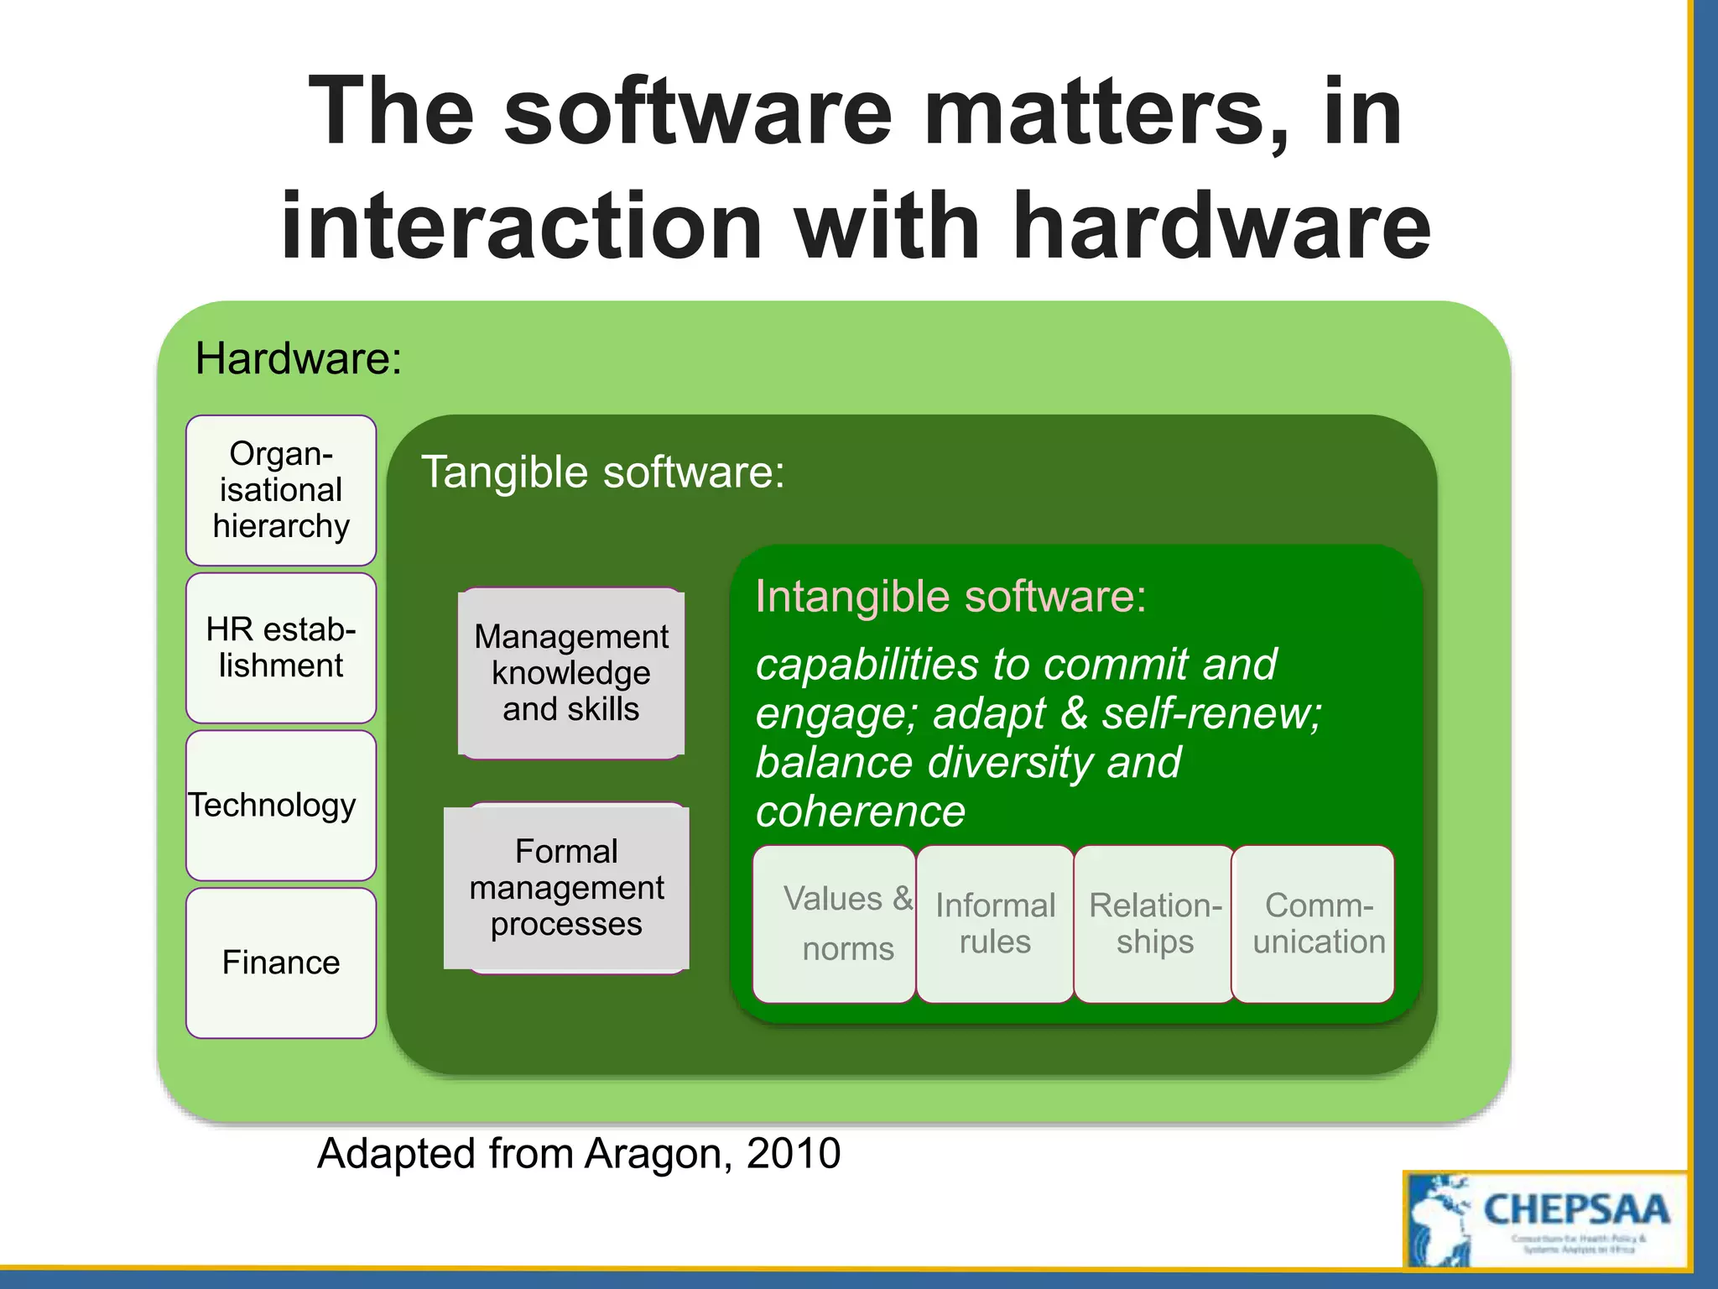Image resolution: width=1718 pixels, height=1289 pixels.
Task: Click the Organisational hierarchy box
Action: (281, 490)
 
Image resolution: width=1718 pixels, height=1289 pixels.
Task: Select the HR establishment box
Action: (281, 648)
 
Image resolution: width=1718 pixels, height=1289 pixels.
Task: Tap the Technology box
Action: (281, 806)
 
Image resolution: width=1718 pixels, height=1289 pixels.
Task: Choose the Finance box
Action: (281, 963)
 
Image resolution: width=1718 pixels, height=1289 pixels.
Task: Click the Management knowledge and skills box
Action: (571, 673)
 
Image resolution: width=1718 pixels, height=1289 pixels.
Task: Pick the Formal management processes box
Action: (567, 888)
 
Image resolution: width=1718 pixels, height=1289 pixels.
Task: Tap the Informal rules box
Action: (995, 923)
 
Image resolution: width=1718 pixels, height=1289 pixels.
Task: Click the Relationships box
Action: (1154, 923)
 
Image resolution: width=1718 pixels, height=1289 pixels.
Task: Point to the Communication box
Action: (1315, 923)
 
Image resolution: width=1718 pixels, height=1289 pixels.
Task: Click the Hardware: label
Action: (299, 359)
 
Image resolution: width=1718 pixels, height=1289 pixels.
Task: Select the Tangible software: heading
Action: (602, 472)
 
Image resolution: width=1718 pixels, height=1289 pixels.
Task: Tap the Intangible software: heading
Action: (950, 598)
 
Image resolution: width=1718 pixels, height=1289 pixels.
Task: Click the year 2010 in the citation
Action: (793, 1153)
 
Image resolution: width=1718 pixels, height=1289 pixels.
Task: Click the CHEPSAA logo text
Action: (1576, 1210)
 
